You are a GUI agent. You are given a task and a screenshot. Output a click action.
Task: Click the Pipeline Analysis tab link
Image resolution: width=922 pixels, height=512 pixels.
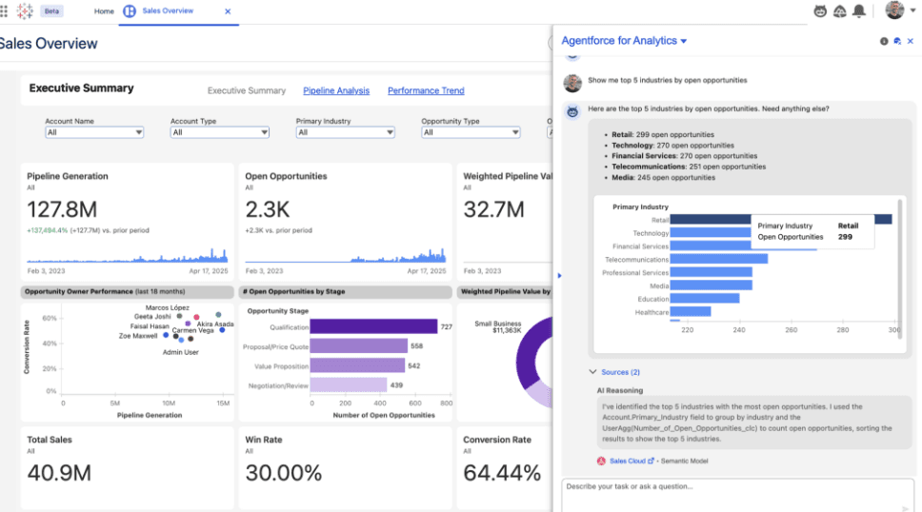pos(336,90)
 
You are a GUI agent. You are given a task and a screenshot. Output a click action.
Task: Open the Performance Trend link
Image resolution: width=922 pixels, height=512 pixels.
pos(426,90)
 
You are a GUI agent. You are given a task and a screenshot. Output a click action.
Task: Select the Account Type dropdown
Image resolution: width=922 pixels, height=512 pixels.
pos(219,132)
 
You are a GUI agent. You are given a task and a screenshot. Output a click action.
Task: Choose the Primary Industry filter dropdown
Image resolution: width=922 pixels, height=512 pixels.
pos(345,132)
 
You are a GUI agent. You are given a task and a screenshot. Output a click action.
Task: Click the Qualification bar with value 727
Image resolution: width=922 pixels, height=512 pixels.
pos(372,326)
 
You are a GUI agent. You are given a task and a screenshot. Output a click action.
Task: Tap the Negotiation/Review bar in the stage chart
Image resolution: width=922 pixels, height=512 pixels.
pos(348,384)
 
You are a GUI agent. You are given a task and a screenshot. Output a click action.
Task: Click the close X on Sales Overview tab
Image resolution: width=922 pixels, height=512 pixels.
pos(227,11)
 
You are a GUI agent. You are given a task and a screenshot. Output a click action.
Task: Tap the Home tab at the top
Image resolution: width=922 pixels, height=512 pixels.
pos(104,11)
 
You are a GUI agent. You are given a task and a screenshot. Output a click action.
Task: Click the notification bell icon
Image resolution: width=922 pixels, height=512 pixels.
pos(859,11)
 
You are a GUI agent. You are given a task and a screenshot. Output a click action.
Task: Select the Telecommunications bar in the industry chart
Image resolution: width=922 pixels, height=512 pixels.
pos(718,259)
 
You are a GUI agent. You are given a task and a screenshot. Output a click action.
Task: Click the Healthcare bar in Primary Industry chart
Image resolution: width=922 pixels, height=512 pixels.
pos(690,311)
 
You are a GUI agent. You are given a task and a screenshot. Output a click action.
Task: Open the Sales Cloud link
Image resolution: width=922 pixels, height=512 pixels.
pos(627,461)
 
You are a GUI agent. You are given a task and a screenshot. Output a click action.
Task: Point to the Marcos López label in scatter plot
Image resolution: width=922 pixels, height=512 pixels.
pos(167,307)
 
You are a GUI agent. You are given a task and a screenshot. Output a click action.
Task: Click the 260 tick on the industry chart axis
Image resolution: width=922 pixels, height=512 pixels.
pos(791,330)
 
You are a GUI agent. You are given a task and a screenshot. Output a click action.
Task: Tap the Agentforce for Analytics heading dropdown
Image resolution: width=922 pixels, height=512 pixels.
pos(624,41)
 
